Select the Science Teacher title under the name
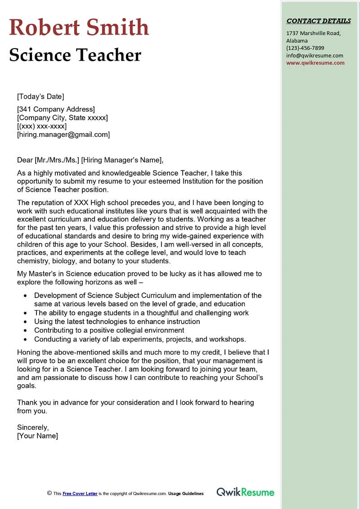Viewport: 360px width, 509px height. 75,55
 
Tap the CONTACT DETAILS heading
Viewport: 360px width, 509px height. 319,21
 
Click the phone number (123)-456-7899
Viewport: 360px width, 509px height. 305,48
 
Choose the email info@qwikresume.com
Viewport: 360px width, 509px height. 315,55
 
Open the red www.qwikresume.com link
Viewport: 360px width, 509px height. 315,63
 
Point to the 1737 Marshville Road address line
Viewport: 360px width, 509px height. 314,33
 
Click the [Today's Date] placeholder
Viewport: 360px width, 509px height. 40,96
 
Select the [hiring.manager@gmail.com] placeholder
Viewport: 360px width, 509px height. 63,134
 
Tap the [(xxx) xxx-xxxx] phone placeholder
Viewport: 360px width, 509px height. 42,126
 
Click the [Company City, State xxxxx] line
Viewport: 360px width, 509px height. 63,117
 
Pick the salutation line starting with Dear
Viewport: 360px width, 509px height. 90,160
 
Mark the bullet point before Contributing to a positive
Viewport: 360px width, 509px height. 25,330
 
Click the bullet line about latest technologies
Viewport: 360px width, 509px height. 117,321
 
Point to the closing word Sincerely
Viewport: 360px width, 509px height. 33,427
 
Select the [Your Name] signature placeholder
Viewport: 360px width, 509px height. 37,436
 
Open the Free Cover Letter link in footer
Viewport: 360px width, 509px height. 80,494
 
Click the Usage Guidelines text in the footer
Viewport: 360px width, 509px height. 186,494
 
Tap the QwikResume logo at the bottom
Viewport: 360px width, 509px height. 245,492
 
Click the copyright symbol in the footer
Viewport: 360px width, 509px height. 49,493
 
